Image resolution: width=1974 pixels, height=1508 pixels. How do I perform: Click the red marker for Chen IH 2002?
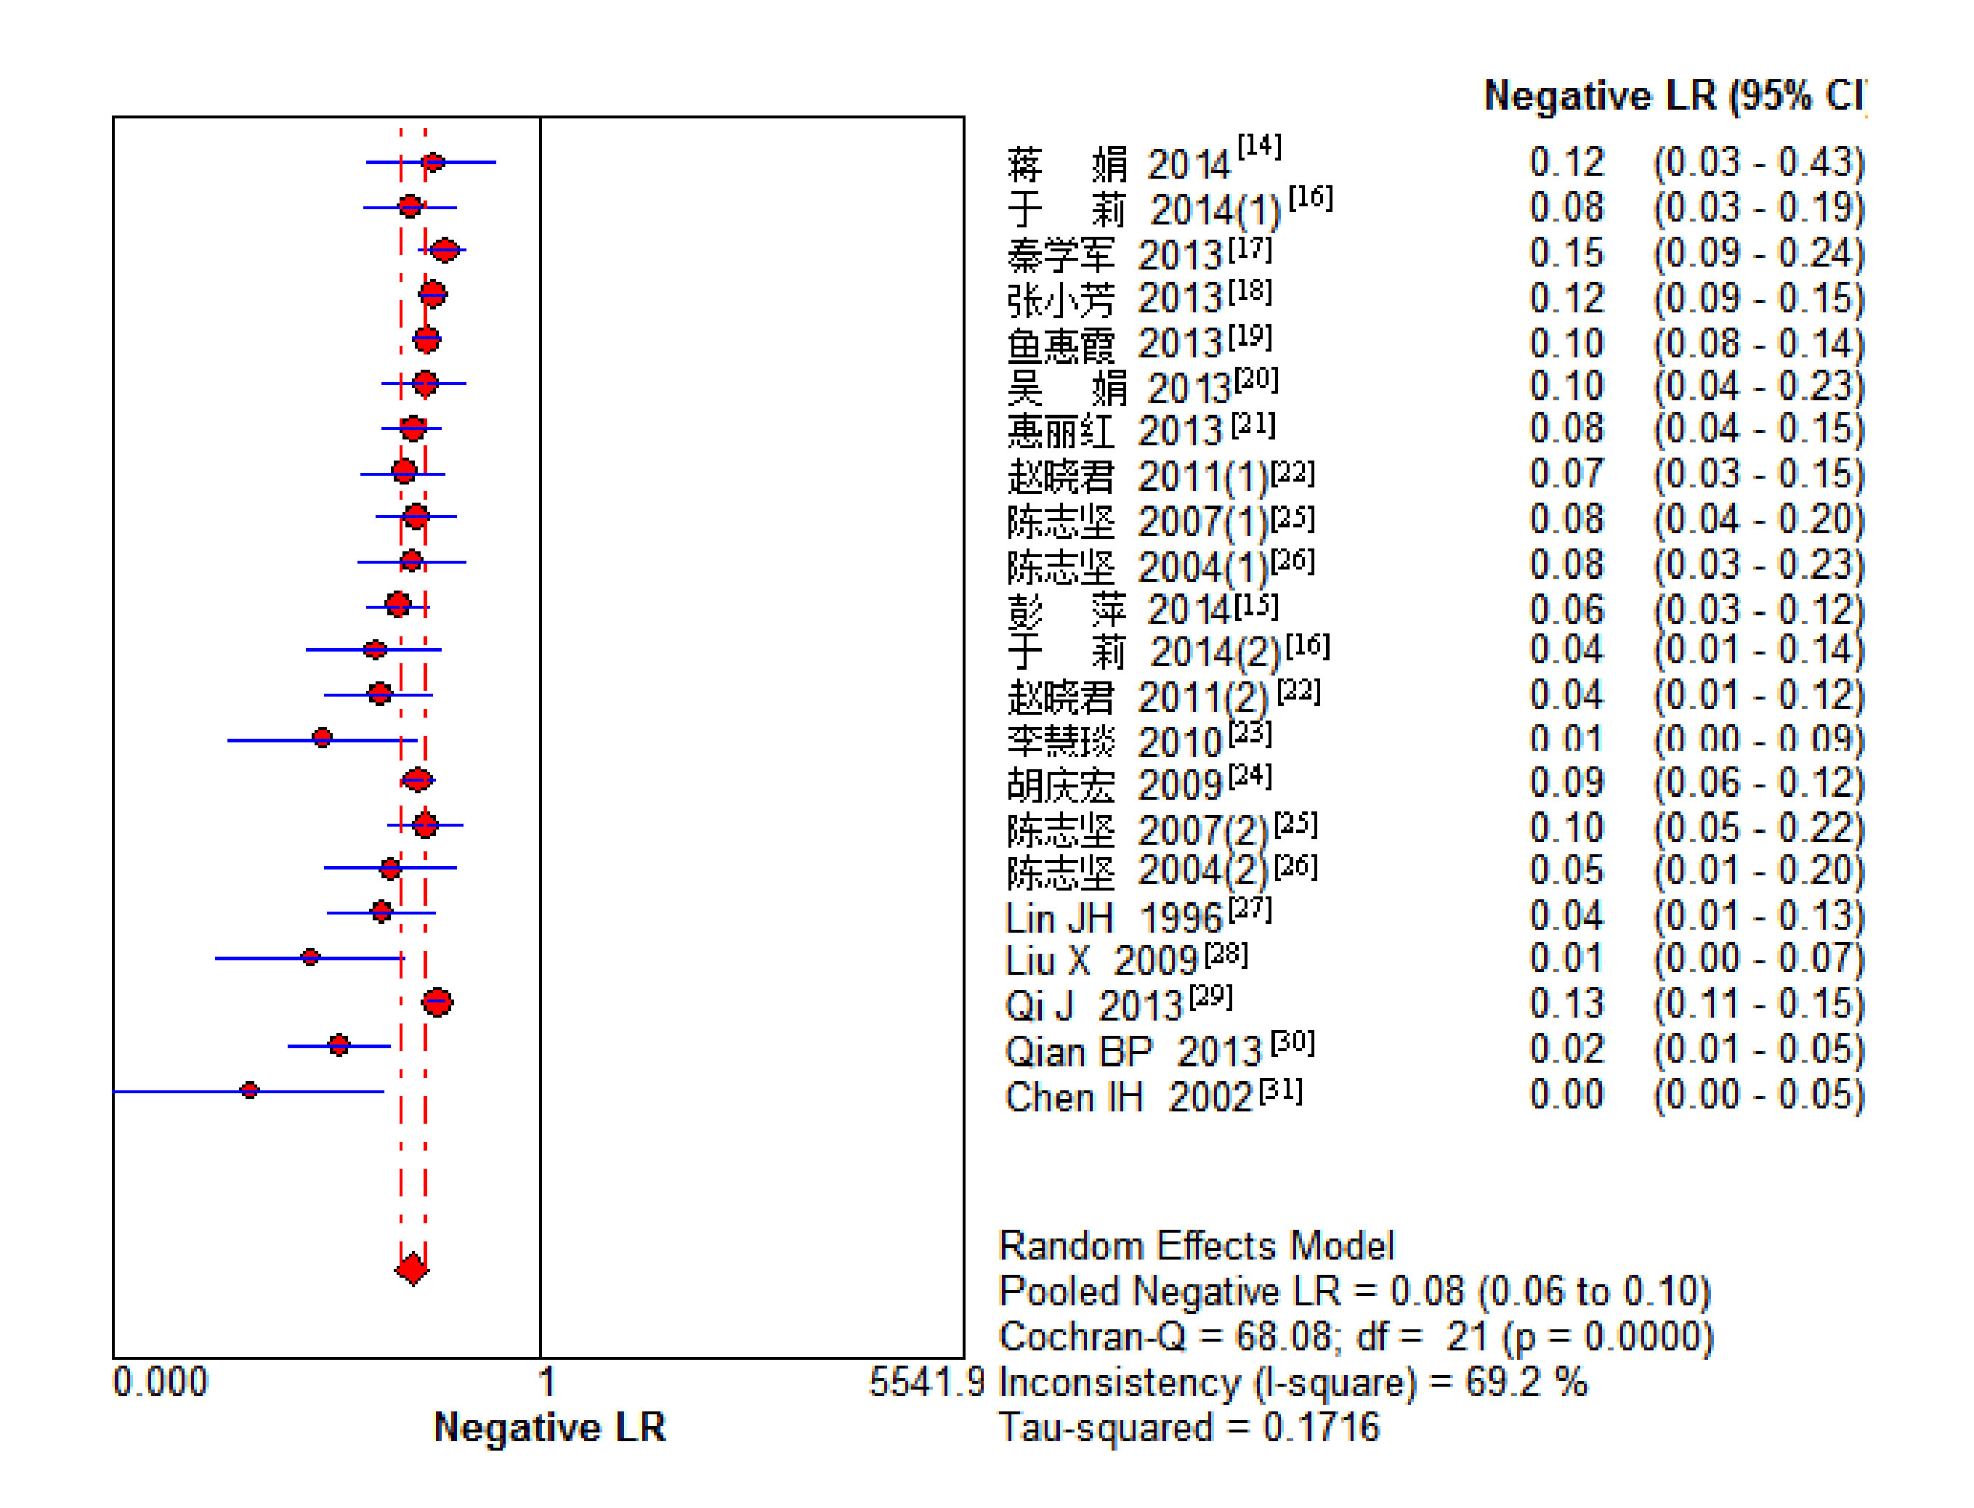249,1090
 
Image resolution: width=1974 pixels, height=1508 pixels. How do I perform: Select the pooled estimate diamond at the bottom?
412,1269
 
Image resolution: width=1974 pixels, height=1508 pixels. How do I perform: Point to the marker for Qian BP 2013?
339,1045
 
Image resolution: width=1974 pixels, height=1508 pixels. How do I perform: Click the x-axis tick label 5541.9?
927,1382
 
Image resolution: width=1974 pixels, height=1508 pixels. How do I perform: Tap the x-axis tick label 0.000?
160,1382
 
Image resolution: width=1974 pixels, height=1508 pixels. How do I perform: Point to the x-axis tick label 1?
546,1382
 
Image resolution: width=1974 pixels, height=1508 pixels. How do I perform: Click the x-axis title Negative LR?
549,1427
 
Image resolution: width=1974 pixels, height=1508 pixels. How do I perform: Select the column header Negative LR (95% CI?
1675,95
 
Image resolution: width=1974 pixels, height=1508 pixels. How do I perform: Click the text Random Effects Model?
1197,1246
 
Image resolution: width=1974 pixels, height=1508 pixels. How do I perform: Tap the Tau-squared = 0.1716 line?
1189,1427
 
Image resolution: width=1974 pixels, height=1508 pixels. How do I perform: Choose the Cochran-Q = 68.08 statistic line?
1356,1337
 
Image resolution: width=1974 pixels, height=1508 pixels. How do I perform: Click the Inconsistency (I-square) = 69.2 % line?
1293,1382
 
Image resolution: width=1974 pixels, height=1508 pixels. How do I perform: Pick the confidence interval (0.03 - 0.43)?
1758,163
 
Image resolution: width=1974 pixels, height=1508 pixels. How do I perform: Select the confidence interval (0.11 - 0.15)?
1758,1004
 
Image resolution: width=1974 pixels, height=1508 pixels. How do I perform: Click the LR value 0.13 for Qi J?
1566,1004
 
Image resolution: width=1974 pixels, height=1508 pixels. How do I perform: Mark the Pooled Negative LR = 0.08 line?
1354,1291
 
